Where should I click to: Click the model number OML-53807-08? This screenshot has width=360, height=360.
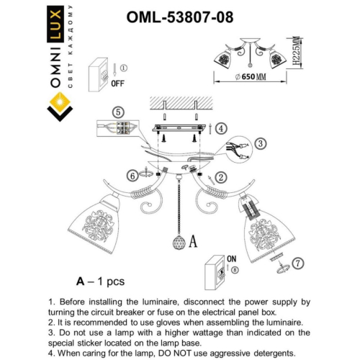click(x=179, y=15)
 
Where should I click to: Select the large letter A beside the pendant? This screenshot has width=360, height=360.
click(x=192, y=243)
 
